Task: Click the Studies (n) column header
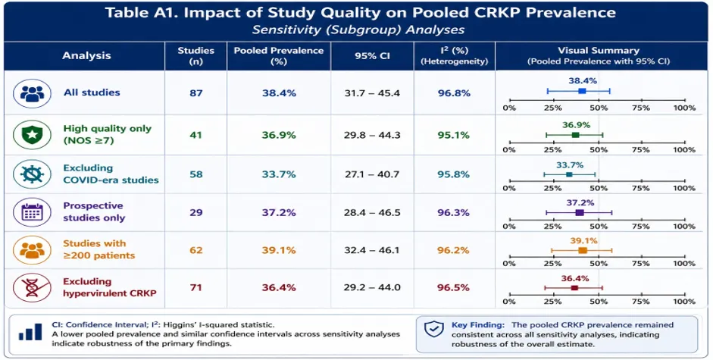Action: pyautogui.click(x=196, y=55)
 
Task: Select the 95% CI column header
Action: pyautogui.click(x=372, y=56)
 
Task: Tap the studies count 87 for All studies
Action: pyautogui.click(x=196, y=93)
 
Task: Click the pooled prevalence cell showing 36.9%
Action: pyautogui.click(x=279, y=135)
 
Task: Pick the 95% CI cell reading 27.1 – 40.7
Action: pyautogui.click(x=372, y=174)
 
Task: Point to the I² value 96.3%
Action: pyautogui.click(x=454, y=212)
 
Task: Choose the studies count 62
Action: pyautogui.click(x=196, y=250)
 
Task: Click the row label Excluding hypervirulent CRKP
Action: pyautogui.click(x=110, y=287)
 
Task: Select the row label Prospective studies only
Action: pyautogui.click(x=94, y=211)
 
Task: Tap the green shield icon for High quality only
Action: pyautogui.click(x=32, y=135)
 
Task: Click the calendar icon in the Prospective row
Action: pyautogui.click(x=32, y=212)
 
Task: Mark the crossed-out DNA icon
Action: pyautogui.click(x=32, y=288)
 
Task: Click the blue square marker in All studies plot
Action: pyautogui.click(x=582, y=91)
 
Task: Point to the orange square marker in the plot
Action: pyautogui.click(x=583, y=250)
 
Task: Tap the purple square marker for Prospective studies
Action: pyautogui.click(x=580, y=212)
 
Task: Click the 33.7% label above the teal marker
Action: pyautogui.click(x=569, y=165)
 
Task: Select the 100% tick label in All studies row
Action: pyautogui.click(x=685, y=108)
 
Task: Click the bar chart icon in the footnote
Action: pyautogui.click(x=30, y=332)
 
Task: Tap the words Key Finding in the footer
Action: pyautogui.click(x=478, y=325)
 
